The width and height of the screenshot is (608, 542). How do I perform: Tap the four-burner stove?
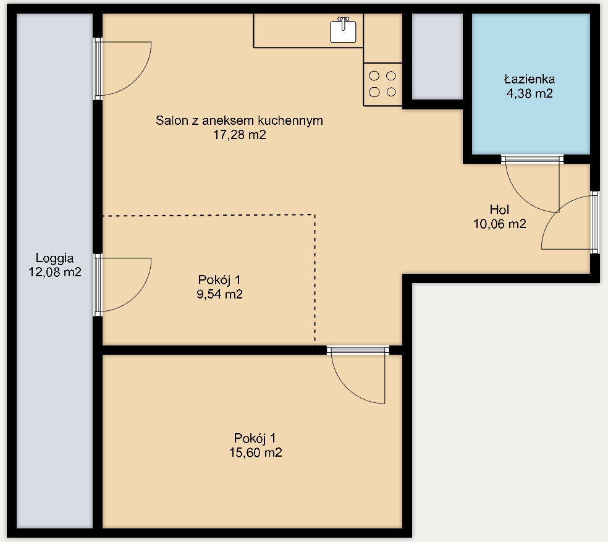(x=382, y=84)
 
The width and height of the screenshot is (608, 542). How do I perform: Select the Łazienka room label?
(x=530, y=79)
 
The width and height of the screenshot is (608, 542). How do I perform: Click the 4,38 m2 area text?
(x=530, y=93)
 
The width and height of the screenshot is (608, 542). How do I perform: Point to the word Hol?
(x=499, y=210)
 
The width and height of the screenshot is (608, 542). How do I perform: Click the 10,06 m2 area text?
(x=499, y=224)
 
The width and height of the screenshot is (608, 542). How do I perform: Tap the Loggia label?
(x=54, y=258)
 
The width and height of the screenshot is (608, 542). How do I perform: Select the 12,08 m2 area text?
(x=54, y=272)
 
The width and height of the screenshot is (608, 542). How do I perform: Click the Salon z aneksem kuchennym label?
(x=239, y=121)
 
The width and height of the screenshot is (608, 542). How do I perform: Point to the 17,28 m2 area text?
(x=240, y=135)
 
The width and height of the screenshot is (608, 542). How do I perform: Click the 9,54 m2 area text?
(x=219, y=294)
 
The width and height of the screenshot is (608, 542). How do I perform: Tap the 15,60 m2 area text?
(x=256, y=452)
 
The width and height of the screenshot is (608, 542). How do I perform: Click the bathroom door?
(x=532, y=184)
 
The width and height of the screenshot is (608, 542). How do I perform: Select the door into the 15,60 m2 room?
(x=358, y=375)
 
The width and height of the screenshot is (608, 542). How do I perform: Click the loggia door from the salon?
(x=122, y=69)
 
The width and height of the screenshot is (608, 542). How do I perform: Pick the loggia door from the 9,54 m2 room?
(x=122, y=285)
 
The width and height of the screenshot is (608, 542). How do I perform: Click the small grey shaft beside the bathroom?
(x=437, y=57)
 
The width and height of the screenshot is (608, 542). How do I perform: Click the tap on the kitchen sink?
(x=343, y=22)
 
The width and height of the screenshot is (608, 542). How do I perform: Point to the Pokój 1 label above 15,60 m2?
(x=255, y=438)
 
